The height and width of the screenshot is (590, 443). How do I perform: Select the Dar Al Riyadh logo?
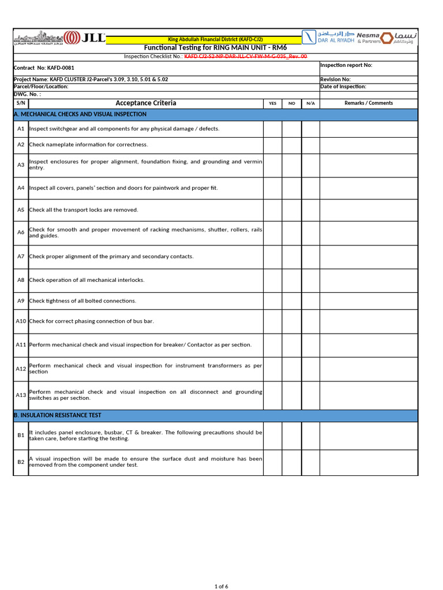tap(328, 37)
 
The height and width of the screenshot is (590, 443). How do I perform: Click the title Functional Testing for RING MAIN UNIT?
tap(215, 47)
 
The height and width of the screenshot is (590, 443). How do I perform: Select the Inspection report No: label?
tap(346, 65)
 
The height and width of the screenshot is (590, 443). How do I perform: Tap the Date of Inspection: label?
tap(343, 86)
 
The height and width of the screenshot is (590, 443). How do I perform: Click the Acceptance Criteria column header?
tap(146, 103)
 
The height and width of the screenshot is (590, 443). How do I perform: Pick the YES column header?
tap(273, 103)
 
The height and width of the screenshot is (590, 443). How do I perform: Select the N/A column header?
tap(310, 103)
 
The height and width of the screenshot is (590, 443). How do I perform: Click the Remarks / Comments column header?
tap(369, 103)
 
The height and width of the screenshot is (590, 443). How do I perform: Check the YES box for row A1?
tap(273, 129)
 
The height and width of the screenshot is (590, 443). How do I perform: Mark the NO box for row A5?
tap(292, 210)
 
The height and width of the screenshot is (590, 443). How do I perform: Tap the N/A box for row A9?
tap(310, 301)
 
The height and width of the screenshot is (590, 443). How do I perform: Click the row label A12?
tap(21, 369)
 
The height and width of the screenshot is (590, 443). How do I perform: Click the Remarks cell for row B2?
tap(369, 462)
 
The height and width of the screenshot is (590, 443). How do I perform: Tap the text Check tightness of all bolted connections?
tap(82, 301)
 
